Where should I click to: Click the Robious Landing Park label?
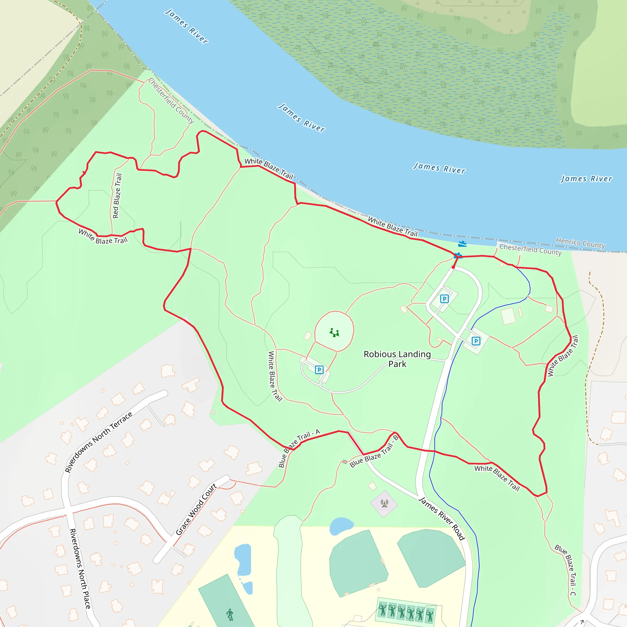point(397,359)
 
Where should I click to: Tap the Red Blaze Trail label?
point(117,196)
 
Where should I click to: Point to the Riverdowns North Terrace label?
point(99,442)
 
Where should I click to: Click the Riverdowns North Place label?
point(80,568)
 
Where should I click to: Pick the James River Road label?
point(442,518)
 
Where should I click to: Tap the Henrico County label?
point(580,243)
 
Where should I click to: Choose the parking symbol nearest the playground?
point(319,369)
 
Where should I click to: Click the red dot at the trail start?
point(453,267)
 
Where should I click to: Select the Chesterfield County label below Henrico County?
point(530,250)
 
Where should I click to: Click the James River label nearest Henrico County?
point(586,178)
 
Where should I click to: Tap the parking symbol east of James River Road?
point(476,341)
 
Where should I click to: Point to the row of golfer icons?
point(406,610)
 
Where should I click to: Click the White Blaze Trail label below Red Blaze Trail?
point(103,237)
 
